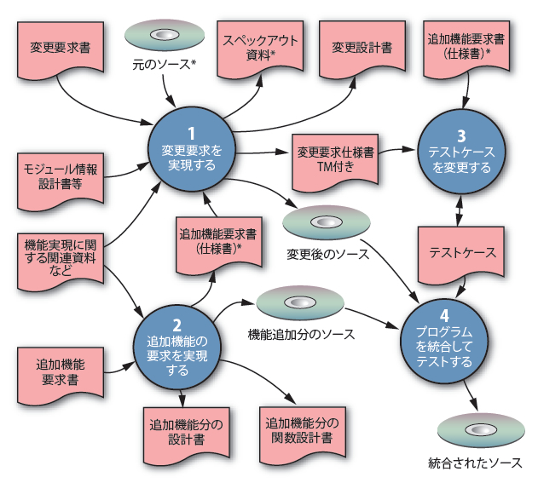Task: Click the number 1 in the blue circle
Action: click(192, 134)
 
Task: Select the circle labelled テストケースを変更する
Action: click(461, 152)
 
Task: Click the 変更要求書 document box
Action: click(55, 43)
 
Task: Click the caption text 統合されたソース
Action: click(475, 464)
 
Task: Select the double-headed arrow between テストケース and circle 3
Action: click(461, 208)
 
